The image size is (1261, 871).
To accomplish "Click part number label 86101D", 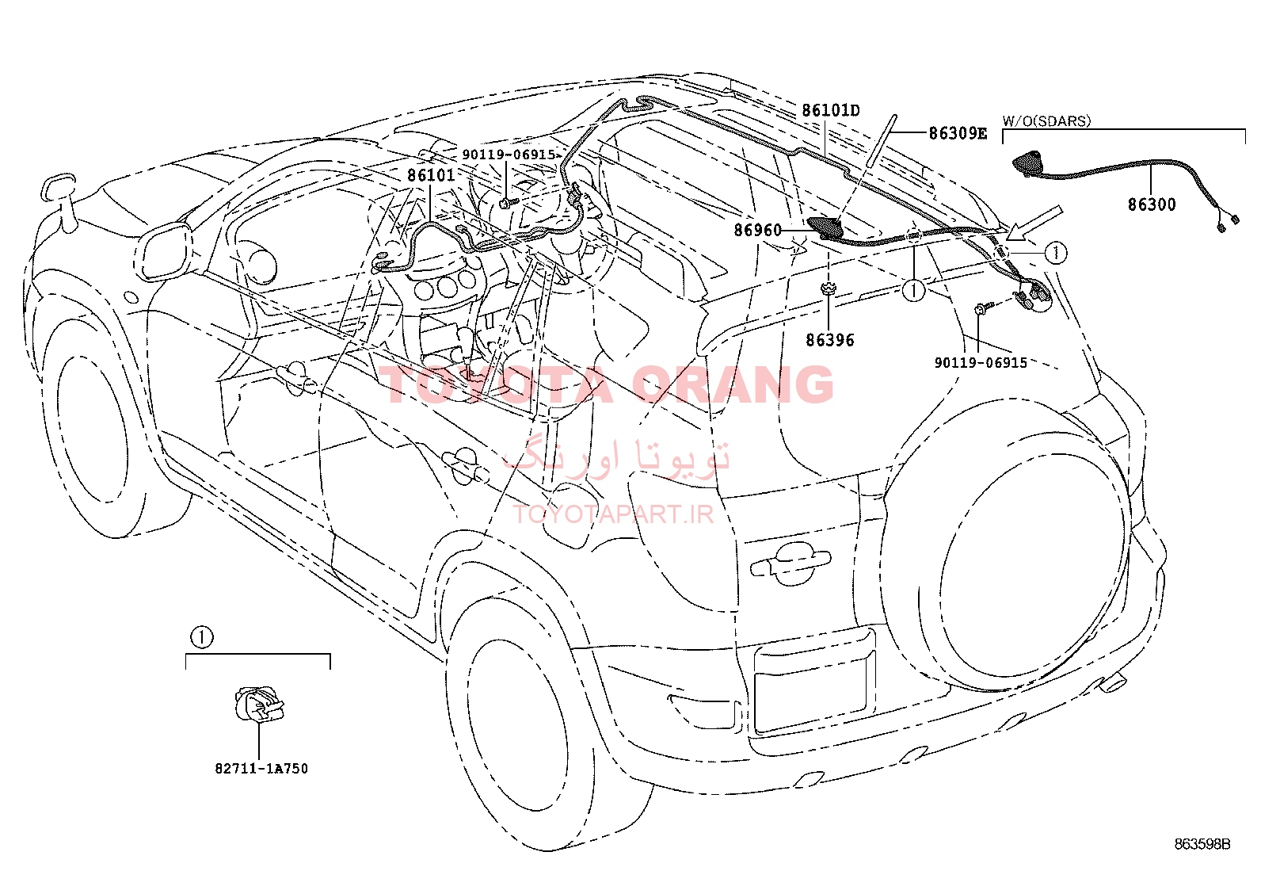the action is [x=831, y=110].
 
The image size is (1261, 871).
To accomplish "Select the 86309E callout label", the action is [x=958, y=133].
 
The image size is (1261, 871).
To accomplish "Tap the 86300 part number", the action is [x=1152, y=204].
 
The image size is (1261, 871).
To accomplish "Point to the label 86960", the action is [x=758, y=230].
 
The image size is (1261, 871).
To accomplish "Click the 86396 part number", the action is [x=830, y=340].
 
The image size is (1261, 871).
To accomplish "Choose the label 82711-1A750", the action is [x=261, y=769].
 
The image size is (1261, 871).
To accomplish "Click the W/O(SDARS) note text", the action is [x=1047, y=120].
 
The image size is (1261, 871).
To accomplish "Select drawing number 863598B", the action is [x=1202, y=844].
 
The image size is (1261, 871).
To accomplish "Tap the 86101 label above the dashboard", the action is [x=431, y=175].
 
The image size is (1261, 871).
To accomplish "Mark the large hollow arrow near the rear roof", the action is [x=1034, y=223].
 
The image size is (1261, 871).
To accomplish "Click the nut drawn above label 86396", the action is [x=828, y=288].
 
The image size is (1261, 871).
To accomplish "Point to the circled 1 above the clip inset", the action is [x=202, y=638].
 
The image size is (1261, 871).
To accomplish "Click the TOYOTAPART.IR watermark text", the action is [x=613, y=514].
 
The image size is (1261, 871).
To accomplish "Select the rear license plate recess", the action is [x=813, y=682].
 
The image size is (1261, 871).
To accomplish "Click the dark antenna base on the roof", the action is [x=825, y=227].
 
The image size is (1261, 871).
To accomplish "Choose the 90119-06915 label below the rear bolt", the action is [x=981, y=363].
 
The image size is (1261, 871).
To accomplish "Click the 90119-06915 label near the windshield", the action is [x=509, y=155].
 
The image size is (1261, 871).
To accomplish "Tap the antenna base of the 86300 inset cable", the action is [x=1029, y=162].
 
